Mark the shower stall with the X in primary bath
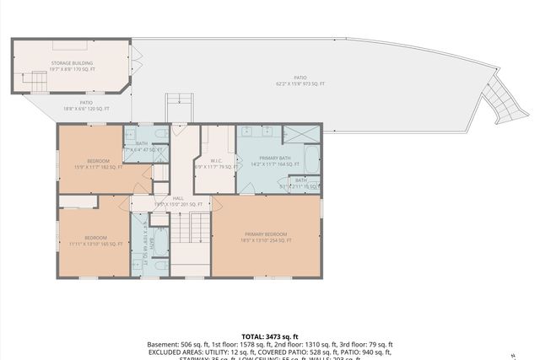click(x=301, y=133)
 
